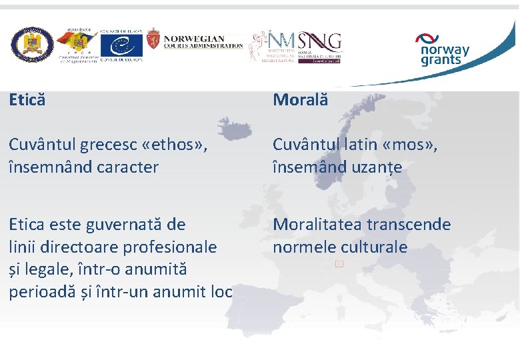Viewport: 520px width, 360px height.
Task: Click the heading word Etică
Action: [x=27, y=100]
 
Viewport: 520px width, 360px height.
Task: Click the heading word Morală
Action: [x=300, y=100]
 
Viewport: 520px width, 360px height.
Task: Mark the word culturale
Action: [x=374, y=247]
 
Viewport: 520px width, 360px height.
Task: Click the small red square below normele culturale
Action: [x=339, y=265]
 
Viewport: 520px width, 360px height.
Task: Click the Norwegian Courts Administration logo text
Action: [x=203, y=42]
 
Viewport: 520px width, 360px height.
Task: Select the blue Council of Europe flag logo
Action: [x=121, y=45]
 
